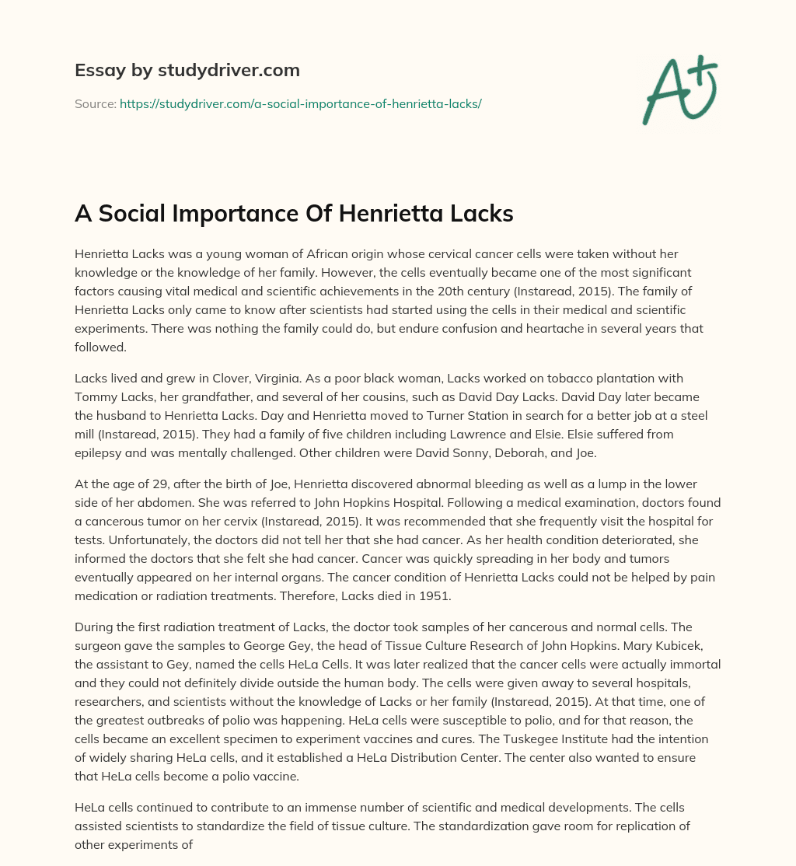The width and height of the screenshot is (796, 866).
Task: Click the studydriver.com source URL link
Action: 301,103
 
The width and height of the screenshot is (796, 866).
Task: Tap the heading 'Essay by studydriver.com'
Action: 187,70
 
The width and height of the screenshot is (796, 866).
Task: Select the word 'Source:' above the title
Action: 96,103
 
